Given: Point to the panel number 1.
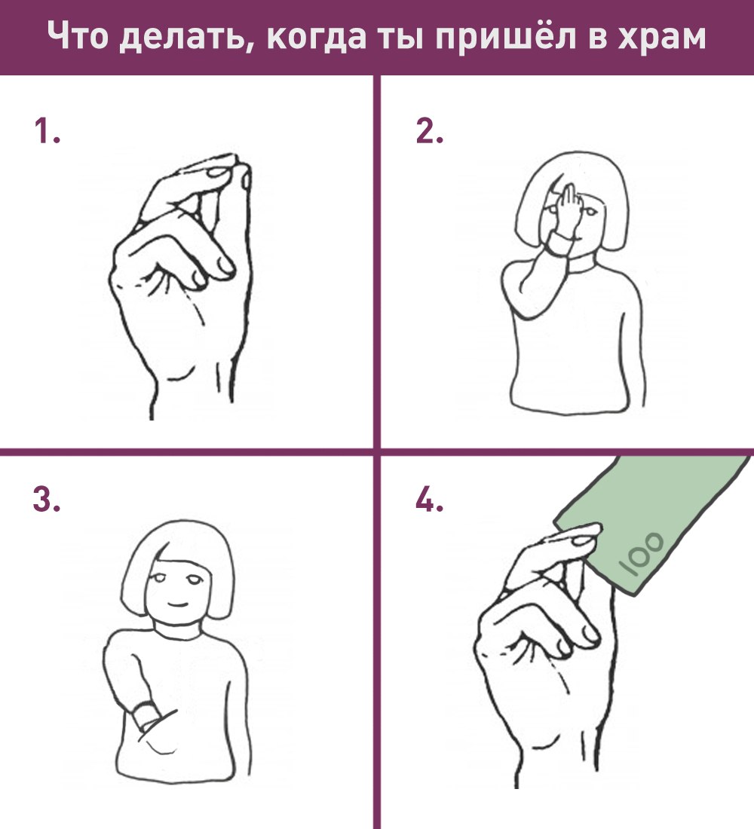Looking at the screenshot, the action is tap(46, 130).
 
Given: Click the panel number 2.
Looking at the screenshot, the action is tap(428, 130).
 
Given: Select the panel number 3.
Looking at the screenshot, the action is tap(46, 499).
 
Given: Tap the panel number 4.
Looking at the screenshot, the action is tap(428, 499).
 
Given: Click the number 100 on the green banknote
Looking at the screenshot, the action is tap(642, 554).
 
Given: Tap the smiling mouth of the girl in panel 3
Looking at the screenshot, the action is tap(177, 603).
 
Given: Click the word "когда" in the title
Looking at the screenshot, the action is tap(316, 37).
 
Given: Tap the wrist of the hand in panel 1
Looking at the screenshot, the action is tap(191, 391).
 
